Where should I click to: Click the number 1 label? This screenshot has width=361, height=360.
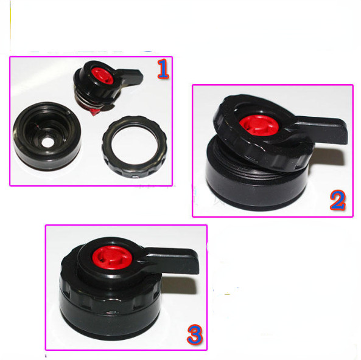163,69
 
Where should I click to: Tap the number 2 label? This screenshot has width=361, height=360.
337,200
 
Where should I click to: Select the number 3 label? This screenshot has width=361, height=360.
195,334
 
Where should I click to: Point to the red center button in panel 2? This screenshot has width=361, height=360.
259,126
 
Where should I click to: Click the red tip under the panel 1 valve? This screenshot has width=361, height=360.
94,112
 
